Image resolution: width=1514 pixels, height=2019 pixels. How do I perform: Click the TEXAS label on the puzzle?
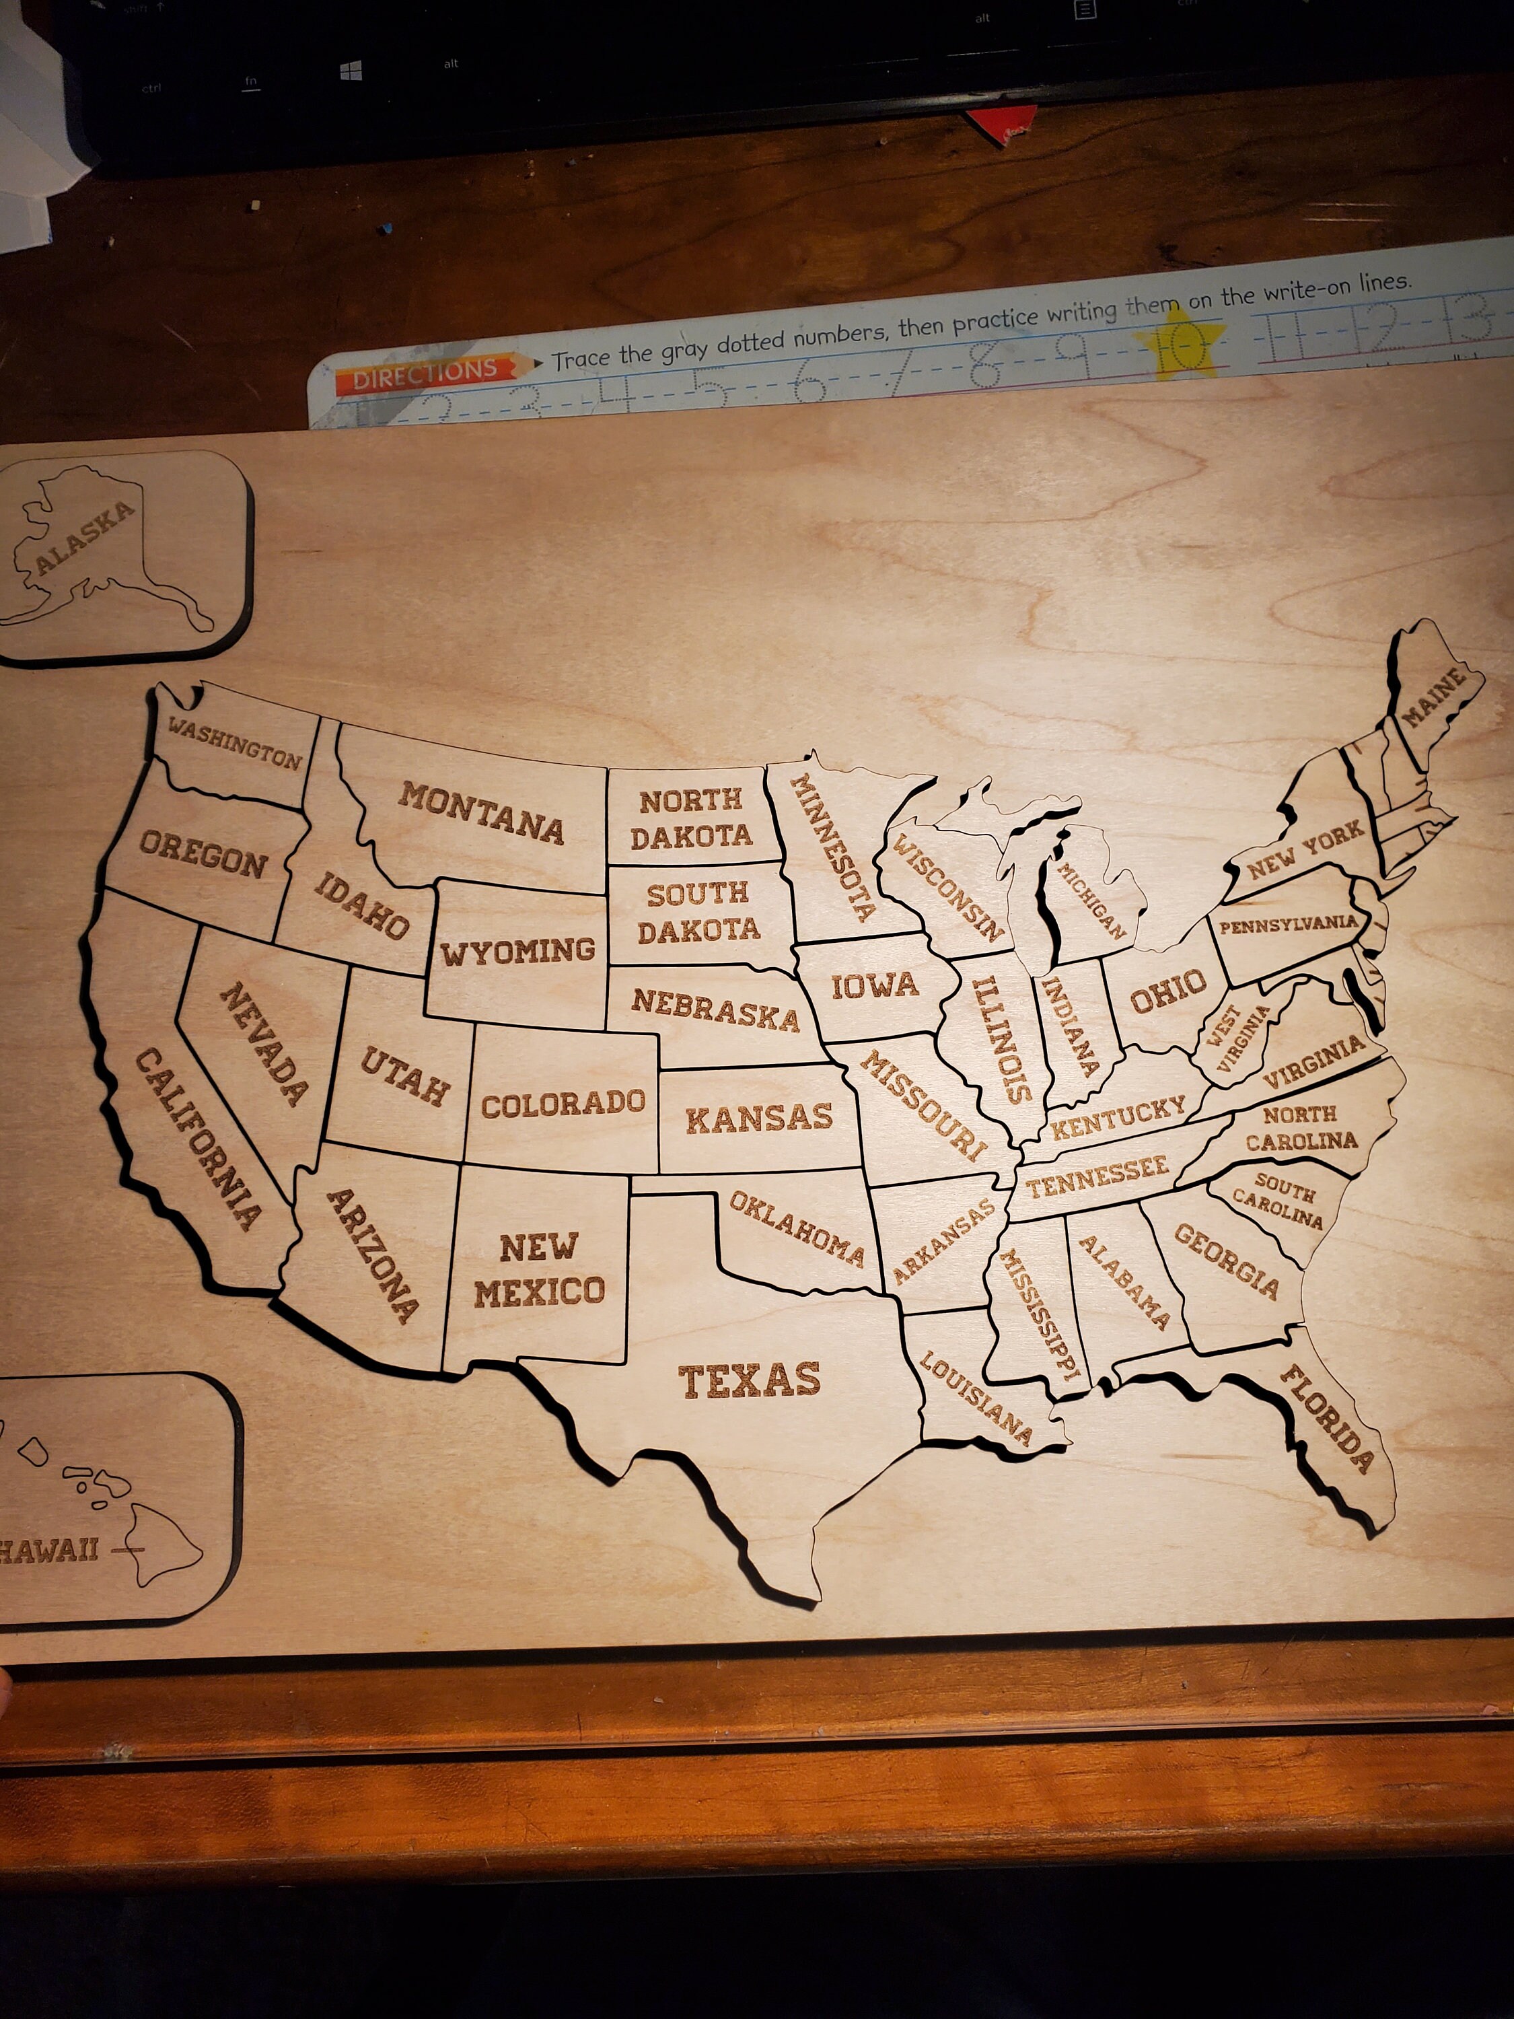click(749, 1381)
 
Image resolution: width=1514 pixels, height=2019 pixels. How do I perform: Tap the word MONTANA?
click(481, 812)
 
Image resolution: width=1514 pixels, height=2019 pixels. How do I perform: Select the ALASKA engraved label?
click(85, 538)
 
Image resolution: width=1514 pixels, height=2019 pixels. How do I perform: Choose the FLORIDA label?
click(1327, 1417)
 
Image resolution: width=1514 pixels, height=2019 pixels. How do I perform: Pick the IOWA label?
click(874, 986)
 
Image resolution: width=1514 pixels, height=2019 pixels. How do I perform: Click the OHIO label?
click(1168, 991)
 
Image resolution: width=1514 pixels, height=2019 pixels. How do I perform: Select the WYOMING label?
click(517, 952)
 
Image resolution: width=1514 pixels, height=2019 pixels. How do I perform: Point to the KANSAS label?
click(758, 1118)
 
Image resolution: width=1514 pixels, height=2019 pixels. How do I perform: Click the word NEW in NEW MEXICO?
click(538, 1247)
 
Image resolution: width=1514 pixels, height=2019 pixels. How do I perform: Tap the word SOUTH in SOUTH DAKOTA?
click(697, 894)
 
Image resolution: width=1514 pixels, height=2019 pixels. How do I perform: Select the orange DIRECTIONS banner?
click(426, 374)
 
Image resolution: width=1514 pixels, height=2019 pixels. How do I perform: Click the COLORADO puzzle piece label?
click(563, 1104)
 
